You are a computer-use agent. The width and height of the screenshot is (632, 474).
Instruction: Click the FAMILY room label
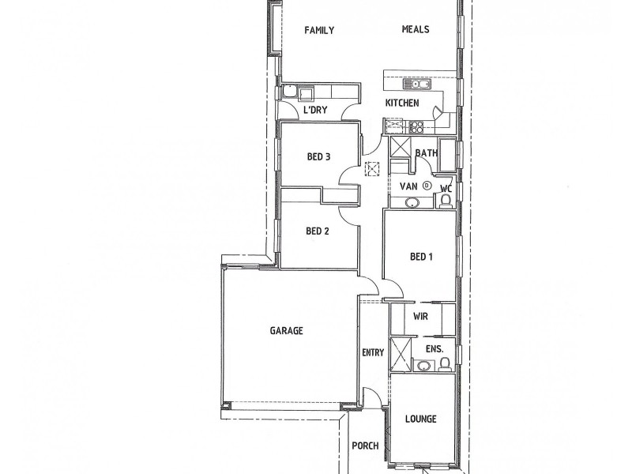(x=320, y=31)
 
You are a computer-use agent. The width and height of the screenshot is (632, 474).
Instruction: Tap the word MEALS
(x=415, y=30)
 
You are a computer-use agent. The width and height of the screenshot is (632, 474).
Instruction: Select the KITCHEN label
(x=401, y=103)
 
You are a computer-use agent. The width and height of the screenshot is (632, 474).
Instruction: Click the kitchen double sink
(x=415, y=84)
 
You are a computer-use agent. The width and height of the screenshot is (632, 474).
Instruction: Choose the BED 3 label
(x=318, y=156)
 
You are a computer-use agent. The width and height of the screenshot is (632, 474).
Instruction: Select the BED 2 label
(x=317, y=231)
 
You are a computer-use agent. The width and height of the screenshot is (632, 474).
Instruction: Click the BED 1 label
(x=421, y=257)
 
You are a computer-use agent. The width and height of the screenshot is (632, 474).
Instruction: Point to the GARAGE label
(x=287, y=331)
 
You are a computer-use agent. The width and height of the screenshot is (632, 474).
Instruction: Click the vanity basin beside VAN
(x=412, y=203)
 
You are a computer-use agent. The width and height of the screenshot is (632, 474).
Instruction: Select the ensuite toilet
(x=445, y=364)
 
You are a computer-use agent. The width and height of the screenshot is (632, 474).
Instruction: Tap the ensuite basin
(x=423, y=366)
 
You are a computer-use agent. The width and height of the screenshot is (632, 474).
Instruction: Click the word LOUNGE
(x=421, y=419)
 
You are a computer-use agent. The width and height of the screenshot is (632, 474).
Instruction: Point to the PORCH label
(x=366, y=446)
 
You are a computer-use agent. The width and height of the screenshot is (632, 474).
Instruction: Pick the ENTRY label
(x=372, y=353)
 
